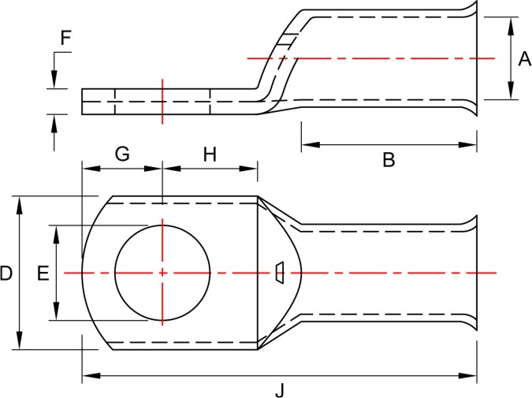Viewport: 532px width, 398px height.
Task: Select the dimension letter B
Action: pos(389,160)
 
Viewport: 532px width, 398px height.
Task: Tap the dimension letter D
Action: pos(6,273)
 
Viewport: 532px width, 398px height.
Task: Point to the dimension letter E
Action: pos(43,273)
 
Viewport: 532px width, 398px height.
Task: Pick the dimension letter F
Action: pos(65,36)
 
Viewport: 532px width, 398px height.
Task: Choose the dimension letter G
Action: pos(122,154)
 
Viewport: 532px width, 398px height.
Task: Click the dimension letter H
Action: pos(210,154)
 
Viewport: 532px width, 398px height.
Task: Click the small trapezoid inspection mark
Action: pos(279,272)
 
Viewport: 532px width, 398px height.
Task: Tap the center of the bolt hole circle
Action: pos(162,273)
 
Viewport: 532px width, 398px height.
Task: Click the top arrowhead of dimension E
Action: pos(57,231)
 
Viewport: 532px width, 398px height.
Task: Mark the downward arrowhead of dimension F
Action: pos(54,82)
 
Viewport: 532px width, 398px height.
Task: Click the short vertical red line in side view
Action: pos(162,101)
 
